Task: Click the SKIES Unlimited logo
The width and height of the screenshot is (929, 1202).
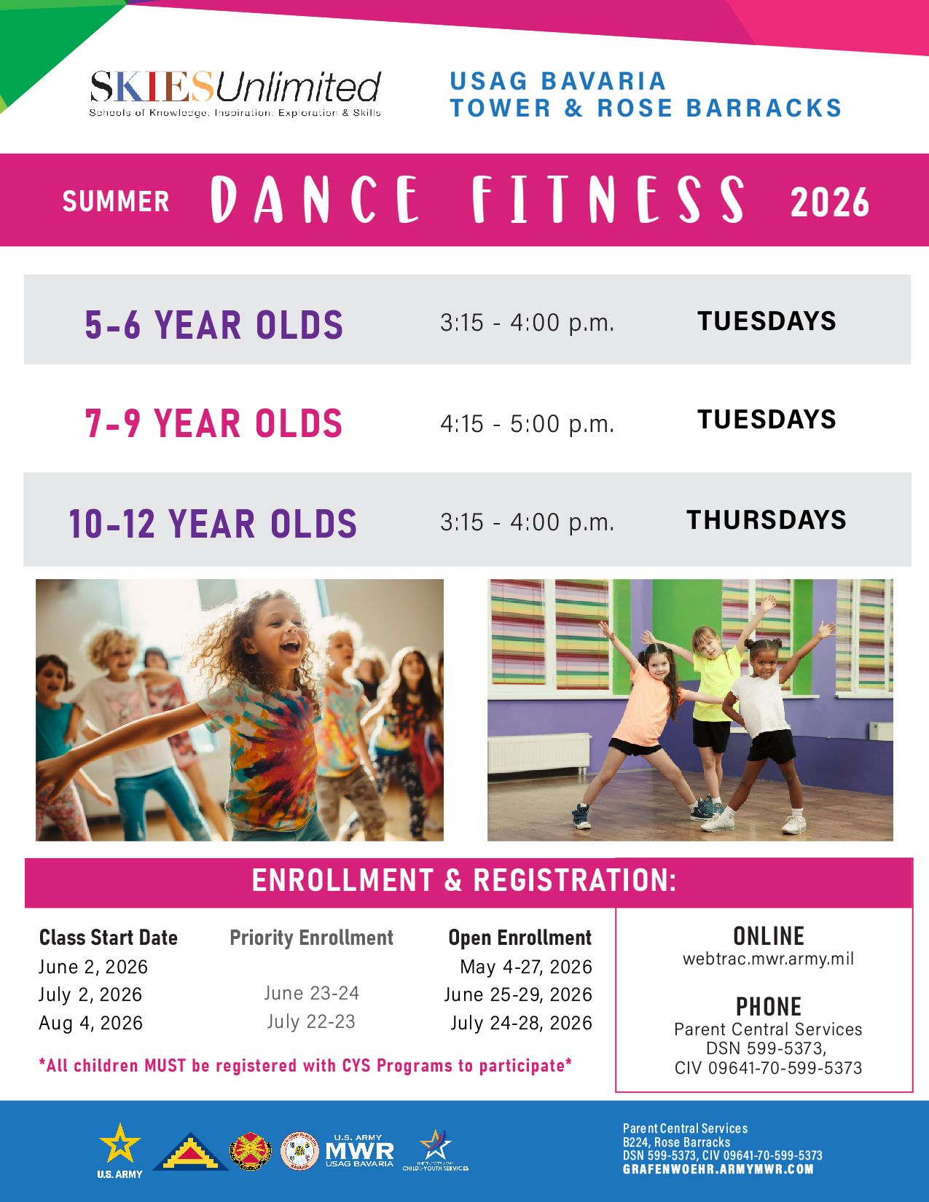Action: pos(235,93)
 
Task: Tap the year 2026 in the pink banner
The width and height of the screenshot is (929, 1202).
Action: pos(829,203)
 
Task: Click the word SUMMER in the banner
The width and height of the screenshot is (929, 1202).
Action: pos(116,201)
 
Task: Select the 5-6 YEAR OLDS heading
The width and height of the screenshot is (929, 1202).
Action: pos(213,324)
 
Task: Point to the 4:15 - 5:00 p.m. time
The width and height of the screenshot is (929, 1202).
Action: pos(527,424)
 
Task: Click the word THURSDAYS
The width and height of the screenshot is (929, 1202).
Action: pos(767,520)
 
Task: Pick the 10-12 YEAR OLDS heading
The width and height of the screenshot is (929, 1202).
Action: pos(213,523)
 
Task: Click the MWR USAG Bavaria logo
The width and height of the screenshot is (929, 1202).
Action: pos(360,1151)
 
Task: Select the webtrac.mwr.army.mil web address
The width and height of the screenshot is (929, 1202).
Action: pos(768,959)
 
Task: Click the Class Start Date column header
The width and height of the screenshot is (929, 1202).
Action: pos(109,938)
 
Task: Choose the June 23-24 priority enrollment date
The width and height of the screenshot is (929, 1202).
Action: pos(312,993)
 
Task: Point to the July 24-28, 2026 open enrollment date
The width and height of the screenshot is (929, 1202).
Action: pos(521,1023)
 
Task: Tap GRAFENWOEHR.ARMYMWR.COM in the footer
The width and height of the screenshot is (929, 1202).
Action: pos(718,1169)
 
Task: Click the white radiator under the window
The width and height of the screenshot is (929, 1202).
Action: pos(538,753)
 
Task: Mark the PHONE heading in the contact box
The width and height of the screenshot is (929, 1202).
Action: pos(769,1006)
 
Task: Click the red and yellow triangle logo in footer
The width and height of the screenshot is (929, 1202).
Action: pos(190,1152)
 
